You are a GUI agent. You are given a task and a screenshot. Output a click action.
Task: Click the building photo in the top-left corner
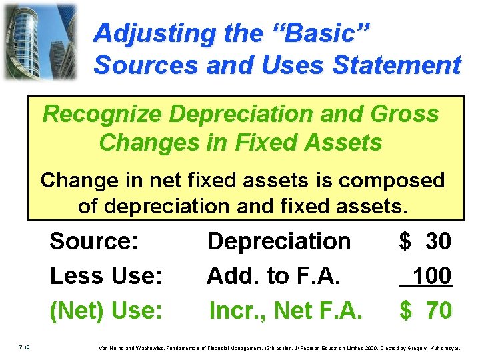[x=39, y=41]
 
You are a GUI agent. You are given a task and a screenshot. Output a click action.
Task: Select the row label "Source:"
[x=94, y=241]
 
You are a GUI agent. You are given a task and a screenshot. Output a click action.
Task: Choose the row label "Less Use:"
[x=106, y=275]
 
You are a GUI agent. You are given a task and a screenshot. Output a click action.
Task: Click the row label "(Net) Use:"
[x=106, y=310]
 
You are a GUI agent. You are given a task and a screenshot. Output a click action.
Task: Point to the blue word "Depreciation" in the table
[x=279, y=241]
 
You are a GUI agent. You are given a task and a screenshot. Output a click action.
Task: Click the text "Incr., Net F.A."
[x=285, y=310]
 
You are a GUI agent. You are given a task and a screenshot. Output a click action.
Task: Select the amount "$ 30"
[x=425, y=241]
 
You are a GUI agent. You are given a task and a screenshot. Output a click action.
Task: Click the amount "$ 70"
[x=425, y=310]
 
